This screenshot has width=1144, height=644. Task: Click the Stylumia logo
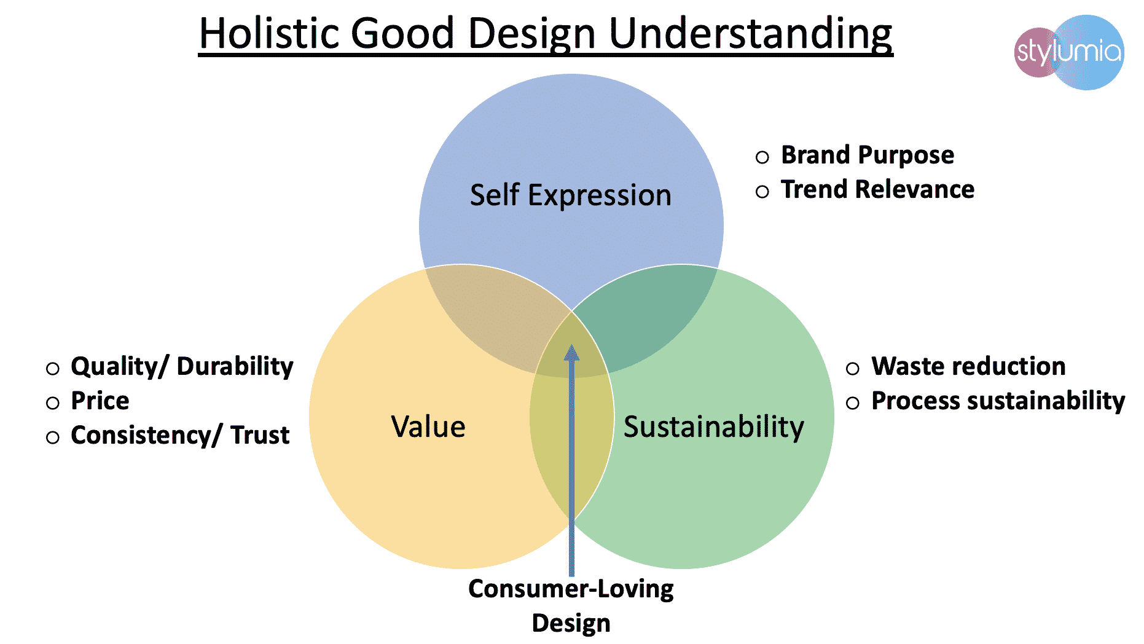coord(1069,52)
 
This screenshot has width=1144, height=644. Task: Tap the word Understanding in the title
coord(750,34)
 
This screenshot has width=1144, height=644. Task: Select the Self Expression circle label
coord(571,195)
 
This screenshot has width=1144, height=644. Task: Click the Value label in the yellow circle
coord(428,426)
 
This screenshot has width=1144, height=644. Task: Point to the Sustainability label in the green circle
coord(714,427)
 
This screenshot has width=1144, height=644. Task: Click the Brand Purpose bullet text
coord(868,155)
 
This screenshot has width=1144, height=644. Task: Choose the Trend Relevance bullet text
coord(877,189)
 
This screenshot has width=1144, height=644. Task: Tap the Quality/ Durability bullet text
coord(182,367)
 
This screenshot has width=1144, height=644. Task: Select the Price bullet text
coord(100,401)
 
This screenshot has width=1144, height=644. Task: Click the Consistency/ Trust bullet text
coord(180,435)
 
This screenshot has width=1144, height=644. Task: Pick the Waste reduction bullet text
coord(968,366)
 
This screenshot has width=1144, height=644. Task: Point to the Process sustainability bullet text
coord(998,401)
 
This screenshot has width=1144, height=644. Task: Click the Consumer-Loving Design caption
coord(571,605)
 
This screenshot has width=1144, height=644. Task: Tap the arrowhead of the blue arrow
coord(572,353)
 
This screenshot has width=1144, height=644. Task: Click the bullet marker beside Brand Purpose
coord(762,157)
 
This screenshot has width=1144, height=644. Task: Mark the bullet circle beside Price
coord(53,403)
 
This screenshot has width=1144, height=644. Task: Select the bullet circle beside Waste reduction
coord(853,369)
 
